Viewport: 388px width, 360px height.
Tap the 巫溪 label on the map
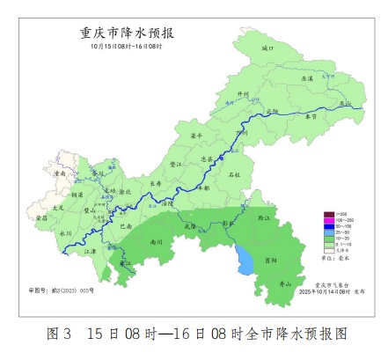(x=307, y=79)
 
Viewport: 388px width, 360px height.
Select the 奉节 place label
(x=310, y=115)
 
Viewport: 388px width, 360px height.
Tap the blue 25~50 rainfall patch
(x=244, y=259)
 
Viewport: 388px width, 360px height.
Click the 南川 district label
(x=157, y=239)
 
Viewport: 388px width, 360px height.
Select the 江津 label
(x=89, y=251)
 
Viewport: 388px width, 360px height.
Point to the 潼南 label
(x=60, y=174)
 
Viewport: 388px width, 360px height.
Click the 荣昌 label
(x=42, y=217)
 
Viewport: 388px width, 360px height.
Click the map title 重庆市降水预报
(x=127, y=33)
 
